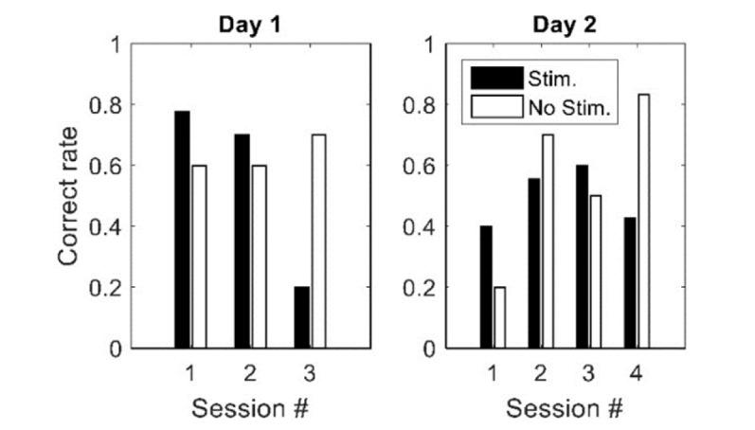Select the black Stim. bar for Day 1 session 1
[182, 230]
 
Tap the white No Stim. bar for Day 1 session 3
[318, 242]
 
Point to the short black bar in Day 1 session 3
[302, 317]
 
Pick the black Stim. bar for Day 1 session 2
[242, 242]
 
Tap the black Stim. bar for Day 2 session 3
[581, 257]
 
